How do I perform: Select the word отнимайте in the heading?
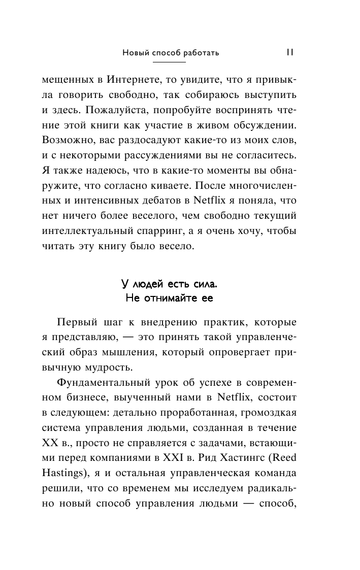169,298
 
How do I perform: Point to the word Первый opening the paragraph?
79,323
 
